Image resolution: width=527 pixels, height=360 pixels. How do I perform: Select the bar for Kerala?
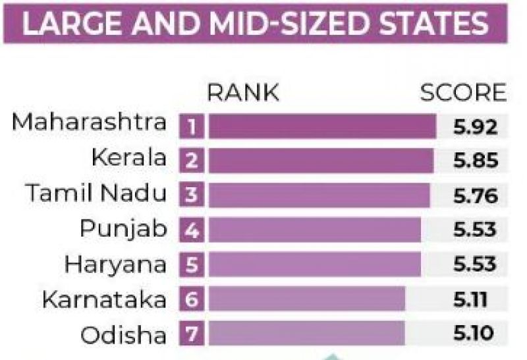point(321,161)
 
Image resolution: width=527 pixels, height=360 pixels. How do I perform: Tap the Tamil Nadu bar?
point(319,195)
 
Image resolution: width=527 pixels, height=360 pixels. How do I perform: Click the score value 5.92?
point(474,126)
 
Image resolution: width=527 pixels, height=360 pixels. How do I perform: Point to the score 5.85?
point(474,161)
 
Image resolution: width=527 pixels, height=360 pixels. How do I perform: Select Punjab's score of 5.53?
point(474,229)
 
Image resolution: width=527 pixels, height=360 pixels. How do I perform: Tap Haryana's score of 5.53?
point(474,264)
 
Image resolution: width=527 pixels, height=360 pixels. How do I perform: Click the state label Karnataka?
point(104,299)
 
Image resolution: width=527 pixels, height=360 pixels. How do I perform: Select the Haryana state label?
point(116,264)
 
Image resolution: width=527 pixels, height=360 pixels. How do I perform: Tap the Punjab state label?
point(124,230)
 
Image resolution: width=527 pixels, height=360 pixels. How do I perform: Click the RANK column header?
point(243,94)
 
